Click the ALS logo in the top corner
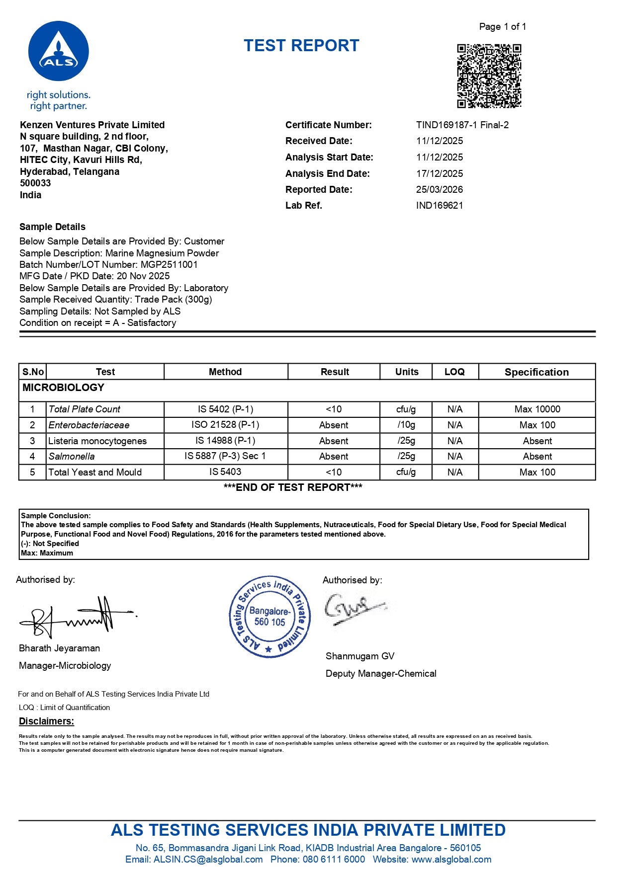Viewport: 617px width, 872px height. [x=59, y=51]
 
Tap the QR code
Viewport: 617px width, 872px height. [x=489, y=76]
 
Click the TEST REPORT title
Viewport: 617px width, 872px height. [x=301, y=46]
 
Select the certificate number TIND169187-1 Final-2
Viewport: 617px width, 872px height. [x=462, y=125]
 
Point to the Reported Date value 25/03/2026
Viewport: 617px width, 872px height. [x=439, y=189]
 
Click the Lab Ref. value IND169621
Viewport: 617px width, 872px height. [x=439, y=205]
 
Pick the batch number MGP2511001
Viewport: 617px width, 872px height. [x=169, y=264]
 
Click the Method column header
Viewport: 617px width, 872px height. [x=225, y=372]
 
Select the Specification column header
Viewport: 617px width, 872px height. [x=536, y=372]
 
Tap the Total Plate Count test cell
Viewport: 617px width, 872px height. [x=85, y=409]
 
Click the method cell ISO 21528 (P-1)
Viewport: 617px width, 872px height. [x=225, y=425]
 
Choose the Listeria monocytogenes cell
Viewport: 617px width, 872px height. [x=97, y=441]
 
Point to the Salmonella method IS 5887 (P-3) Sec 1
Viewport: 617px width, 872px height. [x=225, y=456]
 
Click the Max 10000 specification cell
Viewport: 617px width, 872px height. [x=537, y=409]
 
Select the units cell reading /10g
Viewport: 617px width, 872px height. [x=406, y=425]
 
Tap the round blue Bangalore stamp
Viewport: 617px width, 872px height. [x=269, y=617]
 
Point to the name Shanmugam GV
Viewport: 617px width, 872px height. [x=360, y=656]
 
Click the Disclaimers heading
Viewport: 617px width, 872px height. [x=46, y=721]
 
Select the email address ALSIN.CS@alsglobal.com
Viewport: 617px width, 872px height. [x=208, y=859]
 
